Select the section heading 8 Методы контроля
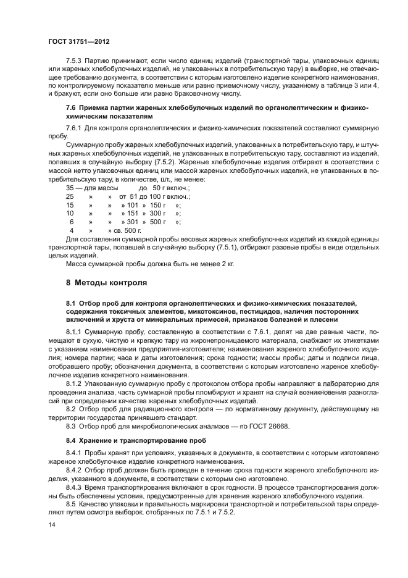pyautogui.click(x=106, y=283)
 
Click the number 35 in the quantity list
pyautogui.click(x=70, y=186)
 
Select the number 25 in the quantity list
pyautogui.click(x=70, y=195)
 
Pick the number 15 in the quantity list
pyautogui.click(x=70, y=204)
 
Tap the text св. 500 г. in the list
pyautogui.click(x=119, y=230)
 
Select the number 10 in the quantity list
pyautogui.click(x=70, y=212)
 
